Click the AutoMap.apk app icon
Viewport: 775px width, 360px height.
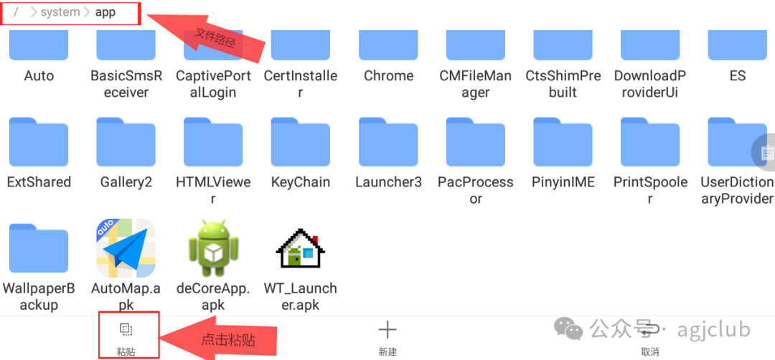[x=126, y=248]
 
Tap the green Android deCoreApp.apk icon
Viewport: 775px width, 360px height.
[x=212, y=248]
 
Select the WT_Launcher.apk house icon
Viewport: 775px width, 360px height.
[x=300, y=248]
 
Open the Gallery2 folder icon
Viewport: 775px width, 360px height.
[x=126, y=142]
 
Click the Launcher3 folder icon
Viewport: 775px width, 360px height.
[x=388, y=142]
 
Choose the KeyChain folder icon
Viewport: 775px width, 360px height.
[x=300, y=142]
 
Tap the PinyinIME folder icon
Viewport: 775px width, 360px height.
[x=563, y=142]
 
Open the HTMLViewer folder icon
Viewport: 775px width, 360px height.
[x=213, y=142]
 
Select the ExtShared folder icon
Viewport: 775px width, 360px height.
[x=39, y=142]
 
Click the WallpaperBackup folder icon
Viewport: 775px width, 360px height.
[x=39, y=248]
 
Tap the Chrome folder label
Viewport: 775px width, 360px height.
[x=388, y=76]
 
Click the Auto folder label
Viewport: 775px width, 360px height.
[x=39, y=76]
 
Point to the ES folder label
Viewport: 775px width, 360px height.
[x=738, y=76]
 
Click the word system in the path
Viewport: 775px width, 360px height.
[x=60, y=12]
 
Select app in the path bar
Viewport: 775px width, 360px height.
[x=105, y=12]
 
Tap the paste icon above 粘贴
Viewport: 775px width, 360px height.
[x=126, y=330]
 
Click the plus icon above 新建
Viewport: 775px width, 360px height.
[x=387, y=330]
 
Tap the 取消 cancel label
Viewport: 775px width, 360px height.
[x=650, y=352]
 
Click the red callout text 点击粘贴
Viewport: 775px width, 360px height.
[x=228, y=339]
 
